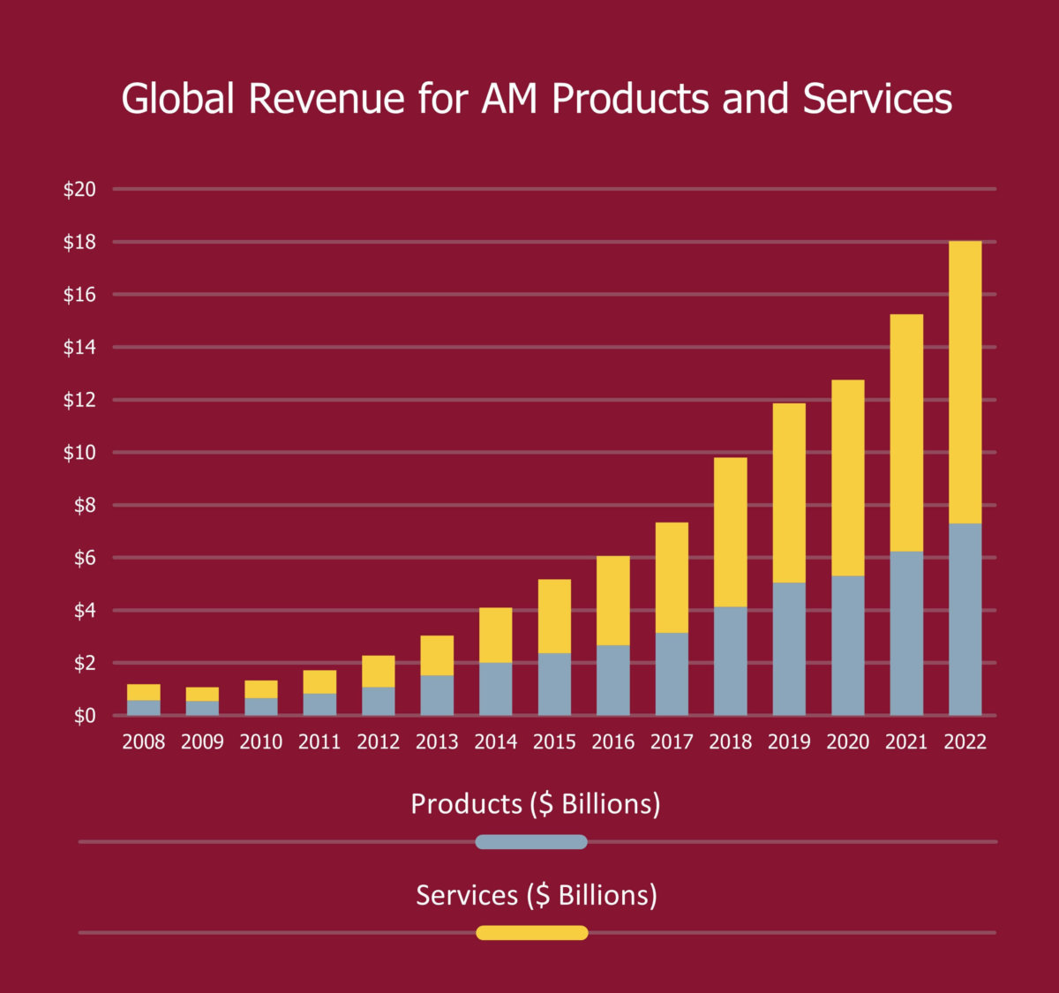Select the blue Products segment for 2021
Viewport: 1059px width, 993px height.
[906, 633]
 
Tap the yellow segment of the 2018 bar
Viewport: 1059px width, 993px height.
[730, 531]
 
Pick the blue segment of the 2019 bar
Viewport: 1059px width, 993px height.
[789, 649]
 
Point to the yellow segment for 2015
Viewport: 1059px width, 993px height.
[554, 616]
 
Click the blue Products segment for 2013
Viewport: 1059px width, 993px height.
[437, 695]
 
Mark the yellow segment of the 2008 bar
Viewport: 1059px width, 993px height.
[144, 692]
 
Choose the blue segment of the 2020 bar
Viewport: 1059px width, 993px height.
[847, 645]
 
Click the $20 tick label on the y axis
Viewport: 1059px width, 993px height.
[79, 189]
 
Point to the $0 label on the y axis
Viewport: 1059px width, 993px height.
[85, 715]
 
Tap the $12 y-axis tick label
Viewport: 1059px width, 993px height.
[79, 400]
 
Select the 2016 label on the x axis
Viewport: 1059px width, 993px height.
[612, 741]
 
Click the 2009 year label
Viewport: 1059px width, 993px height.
[202, 741]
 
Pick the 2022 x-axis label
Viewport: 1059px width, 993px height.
[965, 741]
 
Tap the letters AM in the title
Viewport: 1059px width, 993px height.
[509, 98]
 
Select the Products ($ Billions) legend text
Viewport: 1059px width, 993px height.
[535, 804]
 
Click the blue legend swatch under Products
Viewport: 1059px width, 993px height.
[531, 842]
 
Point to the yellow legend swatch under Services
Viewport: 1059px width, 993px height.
[531, 933]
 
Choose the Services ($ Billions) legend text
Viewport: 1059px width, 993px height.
[537, 895]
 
